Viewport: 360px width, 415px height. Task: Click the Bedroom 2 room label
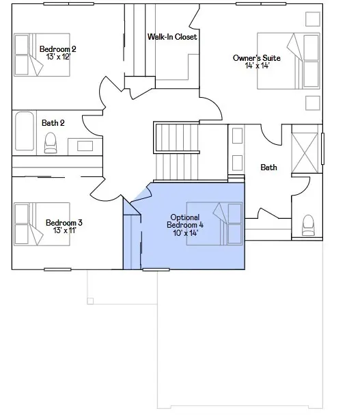pyautogui.click(x=57, y=49)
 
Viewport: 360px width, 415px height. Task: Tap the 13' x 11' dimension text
pyautogui.click(x=65, y=230)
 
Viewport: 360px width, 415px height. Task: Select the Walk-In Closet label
pyautogui.click(x=172, y=36)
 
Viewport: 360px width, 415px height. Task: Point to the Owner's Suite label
pyautogui.click(x=257, y=58)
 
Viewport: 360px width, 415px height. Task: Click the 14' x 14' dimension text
pyautogui.click(x=257, y=66)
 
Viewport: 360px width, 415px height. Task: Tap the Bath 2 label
pyautogui.click(x=53, y=123)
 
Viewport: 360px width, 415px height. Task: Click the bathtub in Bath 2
pyautogui.click(x=25, y=131)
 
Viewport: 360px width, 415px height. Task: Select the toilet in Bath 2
pyautogui.click(x=51, y=143)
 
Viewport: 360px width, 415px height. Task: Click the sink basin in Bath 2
pyautogui.click(x=85, y=146)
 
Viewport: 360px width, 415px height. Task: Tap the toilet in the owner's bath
pyautogui.click(x=308, y=225)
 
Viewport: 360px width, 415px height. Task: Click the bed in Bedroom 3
pyautogui.click(x=42, y=224)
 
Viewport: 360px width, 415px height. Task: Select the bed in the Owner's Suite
pyautogui.click(x=288, y=61)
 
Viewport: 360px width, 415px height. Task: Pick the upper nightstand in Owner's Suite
pyautogui.click(x=313, y=19)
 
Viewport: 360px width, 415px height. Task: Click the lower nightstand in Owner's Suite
pyautogui.click(x=313, y=103)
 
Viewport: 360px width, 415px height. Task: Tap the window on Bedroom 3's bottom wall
pyautogui.click(x=57, y=269)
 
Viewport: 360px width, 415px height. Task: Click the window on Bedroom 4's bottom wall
pyautogui.click(x=156, y=269)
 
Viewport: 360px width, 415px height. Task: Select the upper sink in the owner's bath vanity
pyautogui.click(x=237, y=136)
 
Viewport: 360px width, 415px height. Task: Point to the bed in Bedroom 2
pyautogui.click(x=42, y=55)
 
